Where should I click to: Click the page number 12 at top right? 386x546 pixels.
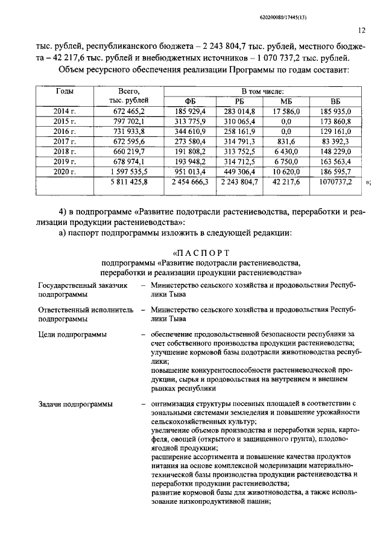click(361, 30)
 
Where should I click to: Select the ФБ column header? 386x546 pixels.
click(191, 101)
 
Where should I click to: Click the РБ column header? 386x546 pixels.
click(239, 101)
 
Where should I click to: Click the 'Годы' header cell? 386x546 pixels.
click(65, 91)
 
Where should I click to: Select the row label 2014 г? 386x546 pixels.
click(65, 111)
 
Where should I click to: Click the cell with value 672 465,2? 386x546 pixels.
click(128, 111)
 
